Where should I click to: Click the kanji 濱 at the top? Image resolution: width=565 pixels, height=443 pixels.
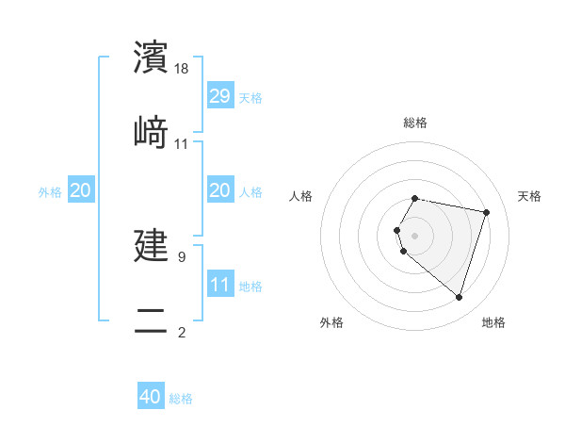[x=151, y=57]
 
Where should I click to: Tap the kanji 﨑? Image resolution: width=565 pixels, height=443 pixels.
[x=151, y=132]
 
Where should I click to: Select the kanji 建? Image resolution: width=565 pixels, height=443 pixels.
[x=151, y=244]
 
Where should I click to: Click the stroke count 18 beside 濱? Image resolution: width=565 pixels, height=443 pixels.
[x=183, y=69]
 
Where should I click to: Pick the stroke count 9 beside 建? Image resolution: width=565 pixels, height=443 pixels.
[x=182, y=255]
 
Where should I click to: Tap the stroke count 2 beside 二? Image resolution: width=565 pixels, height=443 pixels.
[x=182, y=332]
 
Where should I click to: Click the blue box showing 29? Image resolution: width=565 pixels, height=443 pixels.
[x=220, y=96]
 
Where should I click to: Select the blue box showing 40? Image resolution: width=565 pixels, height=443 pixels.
[x=151, y=397]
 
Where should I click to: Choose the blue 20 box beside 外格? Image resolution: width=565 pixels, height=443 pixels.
[x=81, y=190]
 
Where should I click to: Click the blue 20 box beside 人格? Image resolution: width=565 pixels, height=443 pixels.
[x=220, y=190]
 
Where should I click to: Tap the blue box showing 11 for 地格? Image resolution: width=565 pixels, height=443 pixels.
[x=220, y=285]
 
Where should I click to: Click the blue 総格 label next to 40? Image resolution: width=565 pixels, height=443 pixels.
[x=181, y=399]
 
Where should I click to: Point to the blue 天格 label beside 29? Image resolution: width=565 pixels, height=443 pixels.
[x=250, y=98]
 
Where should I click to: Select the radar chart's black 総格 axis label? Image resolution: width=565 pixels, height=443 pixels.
[x=415, y=123]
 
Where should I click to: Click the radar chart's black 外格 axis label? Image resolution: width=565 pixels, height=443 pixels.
[x=331, y=322]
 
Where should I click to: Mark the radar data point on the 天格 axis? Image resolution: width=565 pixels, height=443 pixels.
[x=486, y=212]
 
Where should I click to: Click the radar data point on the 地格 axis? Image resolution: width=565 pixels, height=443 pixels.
[x=459, y=297]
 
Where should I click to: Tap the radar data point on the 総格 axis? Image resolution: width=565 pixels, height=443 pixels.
[x=415, y=198]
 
